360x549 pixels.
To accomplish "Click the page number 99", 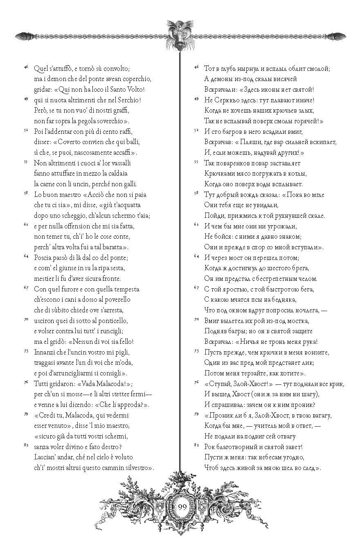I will pos(182,506).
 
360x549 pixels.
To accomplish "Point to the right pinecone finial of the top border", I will pos(338,36).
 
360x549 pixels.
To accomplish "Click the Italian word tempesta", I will pos(125,289).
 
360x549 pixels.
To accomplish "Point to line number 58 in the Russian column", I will pos(196,192).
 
